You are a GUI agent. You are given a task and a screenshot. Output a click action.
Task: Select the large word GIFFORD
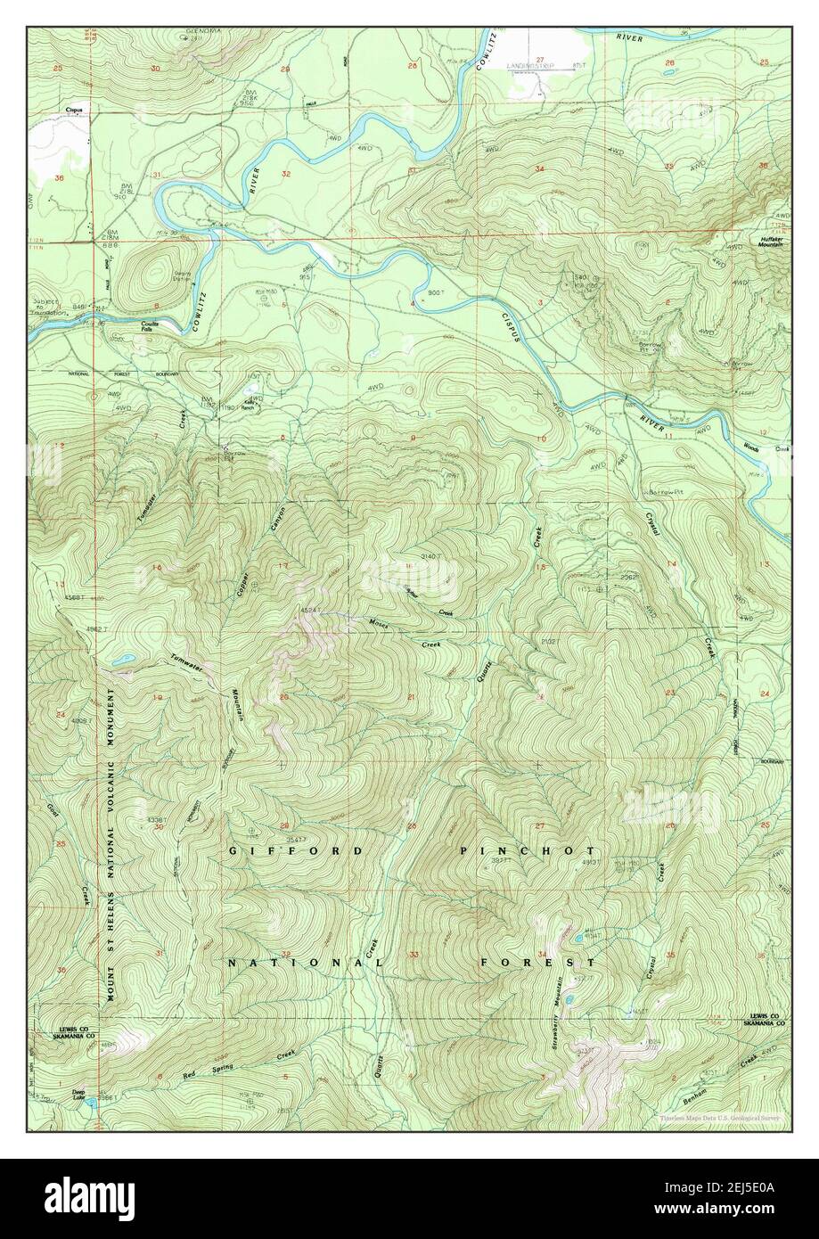pyautogui.click(x=297, y=851)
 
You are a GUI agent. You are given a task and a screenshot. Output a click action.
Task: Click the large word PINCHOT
pyautogui.click(x=528, y=851)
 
